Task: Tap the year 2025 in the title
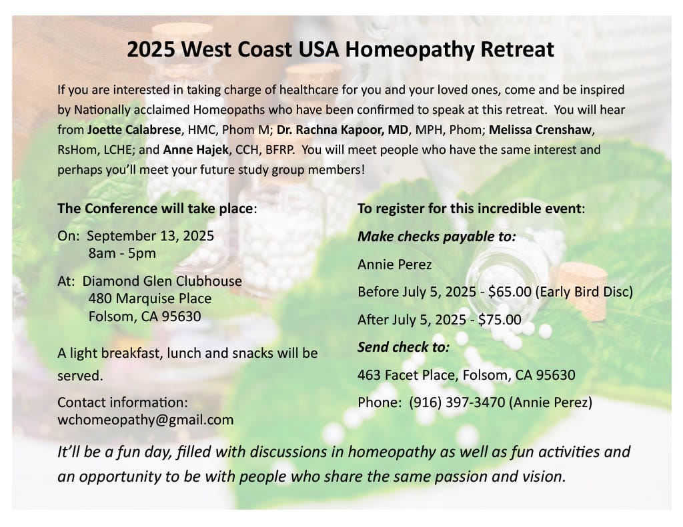[x=151, y=49]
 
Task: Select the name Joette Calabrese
[x=133, y=130]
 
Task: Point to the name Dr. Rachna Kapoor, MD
[x=343, y=130]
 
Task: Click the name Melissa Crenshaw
[x=540, y=130]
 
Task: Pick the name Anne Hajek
[x=196, y=150]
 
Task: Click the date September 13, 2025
[x=150, y=236]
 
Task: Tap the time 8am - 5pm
[x=122, y=253]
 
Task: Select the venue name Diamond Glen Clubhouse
[x=162, y=281]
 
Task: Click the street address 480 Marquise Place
[x=150, y=298]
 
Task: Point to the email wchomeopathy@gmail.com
[x=145, y=420]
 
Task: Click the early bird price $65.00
[x=510, y=292]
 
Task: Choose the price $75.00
[x=500, y=320]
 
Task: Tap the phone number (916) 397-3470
[x=457, y=402]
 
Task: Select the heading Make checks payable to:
[x=437, y=237]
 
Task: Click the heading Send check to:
[x=404, y=347]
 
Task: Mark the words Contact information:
[x=123, y=402]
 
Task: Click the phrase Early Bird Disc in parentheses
[x=584, y=292]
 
